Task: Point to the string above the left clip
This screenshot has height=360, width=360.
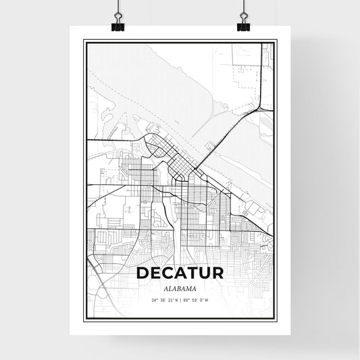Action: click(118, 8)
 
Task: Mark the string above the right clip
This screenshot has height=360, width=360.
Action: click(242, 8)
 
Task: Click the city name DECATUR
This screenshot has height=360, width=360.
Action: click(180, 274)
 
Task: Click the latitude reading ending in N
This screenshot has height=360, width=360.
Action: click(163, 299)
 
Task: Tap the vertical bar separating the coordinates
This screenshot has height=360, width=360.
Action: click(180, 299)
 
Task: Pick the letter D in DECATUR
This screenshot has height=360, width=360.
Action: click(142, 274)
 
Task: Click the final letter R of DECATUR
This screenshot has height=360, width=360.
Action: click(218, 274)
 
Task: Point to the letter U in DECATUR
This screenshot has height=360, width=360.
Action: click(205, 274)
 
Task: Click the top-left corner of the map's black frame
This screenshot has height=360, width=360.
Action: click(84, 41)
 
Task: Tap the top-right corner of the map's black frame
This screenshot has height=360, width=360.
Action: click(277, 41)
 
